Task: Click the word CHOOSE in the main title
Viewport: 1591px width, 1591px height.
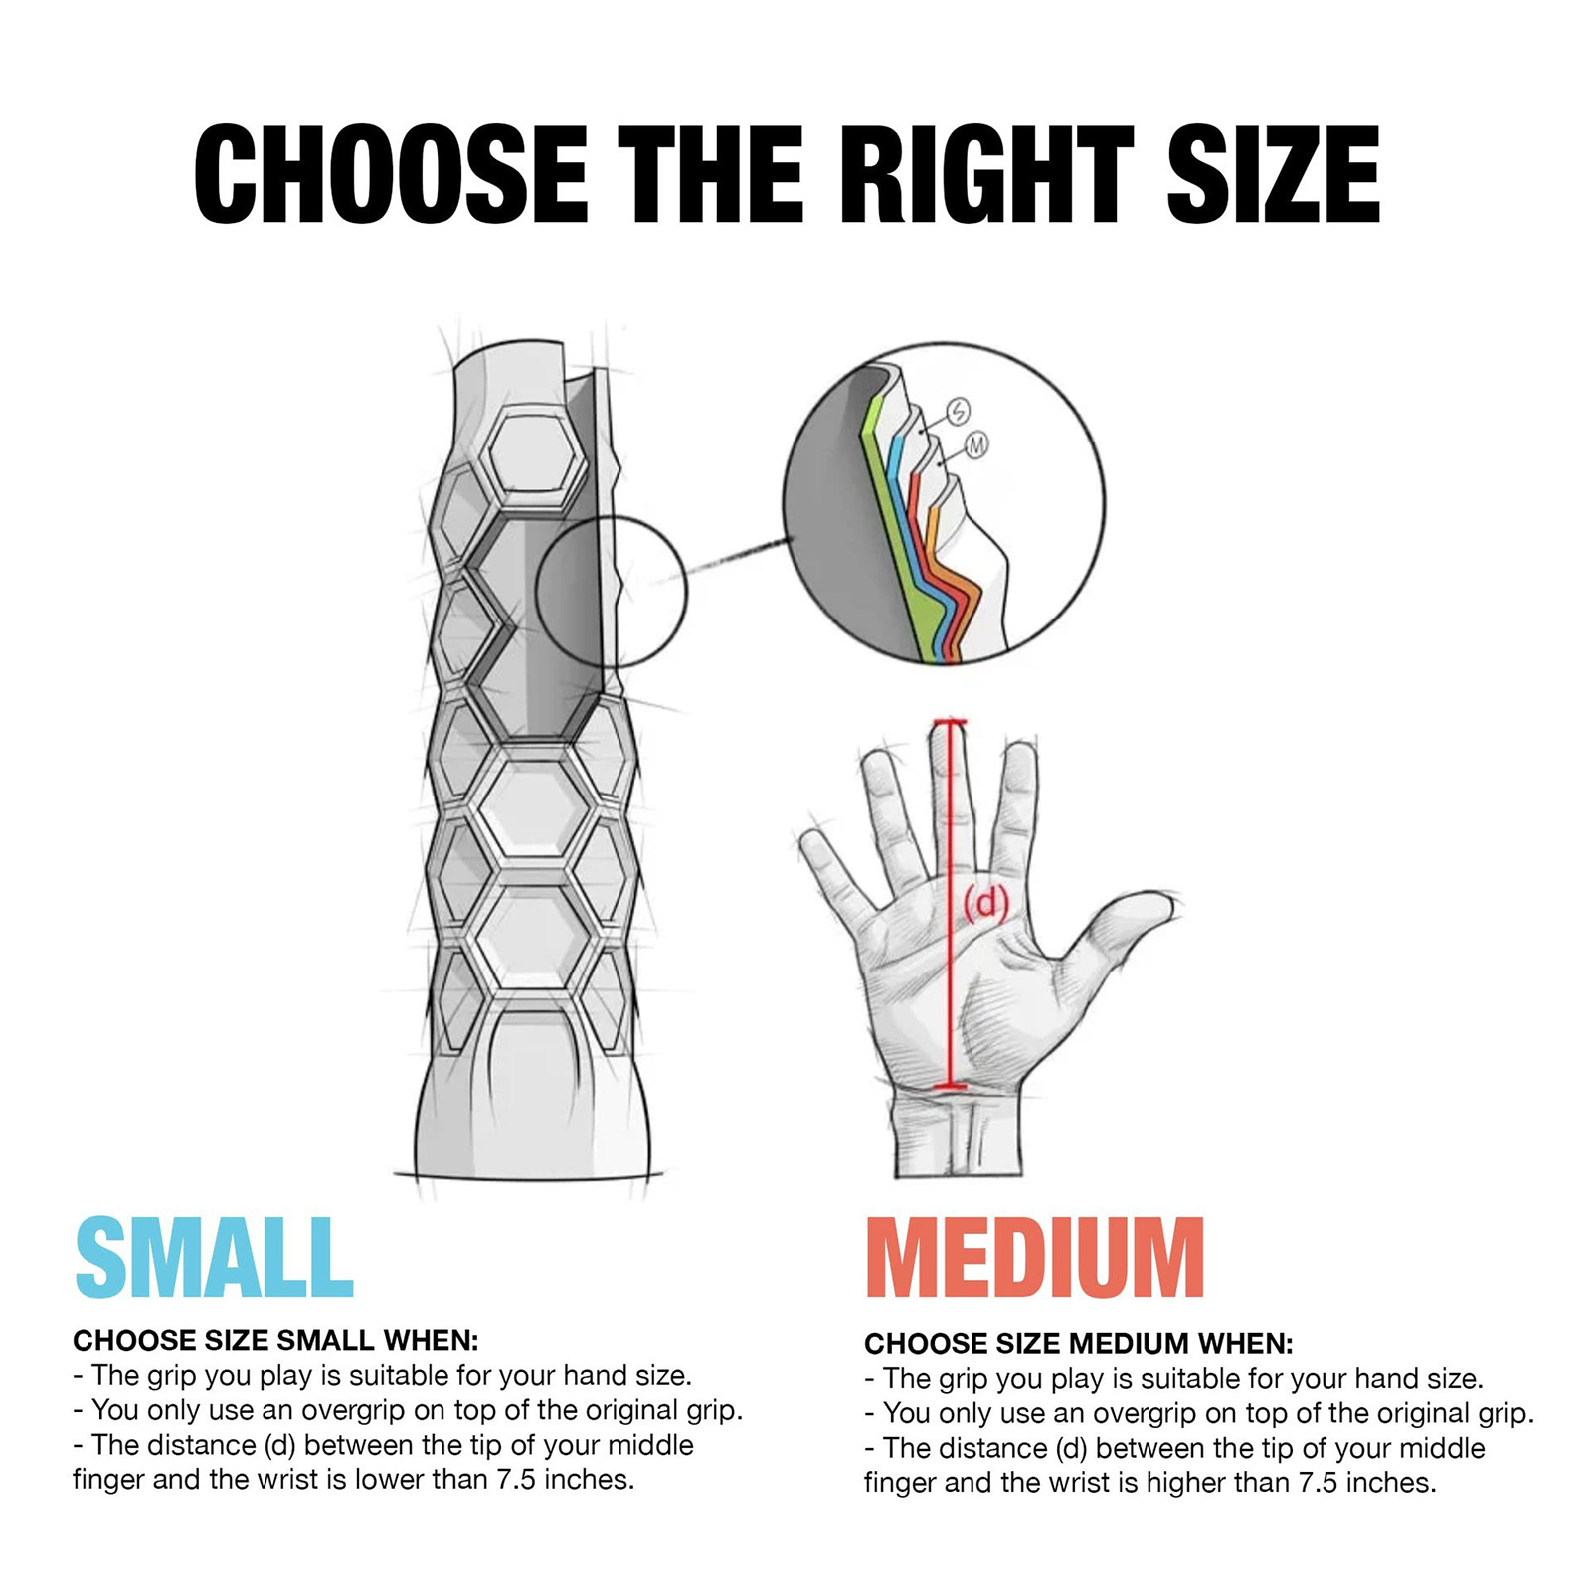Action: pyautogui.click(x=391, y=175)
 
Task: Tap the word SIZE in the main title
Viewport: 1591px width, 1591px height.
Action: pyautogui.click(x=1274, y=175)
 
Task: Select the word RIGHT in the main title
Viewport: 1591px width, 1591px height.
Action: pyautogui.click(x=987, y=175)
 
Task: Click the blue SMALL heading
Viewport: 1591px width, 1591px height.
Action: pyautogui.click(x=214, y=1258)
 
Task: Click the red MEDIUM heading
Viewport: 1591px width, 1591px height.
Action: pyautogui.click(x=1035, y=1258)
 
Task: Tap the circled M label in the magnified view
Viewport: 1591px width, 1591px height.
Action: pyautogui.click(x=976, y=445)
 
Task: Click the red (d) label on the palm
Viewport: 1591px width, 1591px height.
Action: pyautogui.click(x=986, y=904)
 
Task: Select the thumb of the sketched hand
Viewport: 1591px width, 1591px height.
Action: pyautogui.click(x=1114, y=930)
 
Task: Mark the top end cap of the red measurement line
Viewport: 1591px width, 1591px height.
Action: pyautogui.click(x=950, y=722)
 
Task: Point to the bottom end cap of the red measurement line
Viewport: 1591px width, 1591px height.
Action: pyautogui.click(x=951, y=1087)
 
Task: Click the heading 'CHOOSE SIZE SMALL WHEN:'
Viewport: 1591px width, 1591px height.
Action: pyautogui.click(x=275, y=1341)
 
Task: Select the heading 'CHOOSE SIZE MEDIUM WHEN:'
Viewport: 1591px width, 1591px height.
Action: pyautogui.click(x=1079, y=1344)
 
